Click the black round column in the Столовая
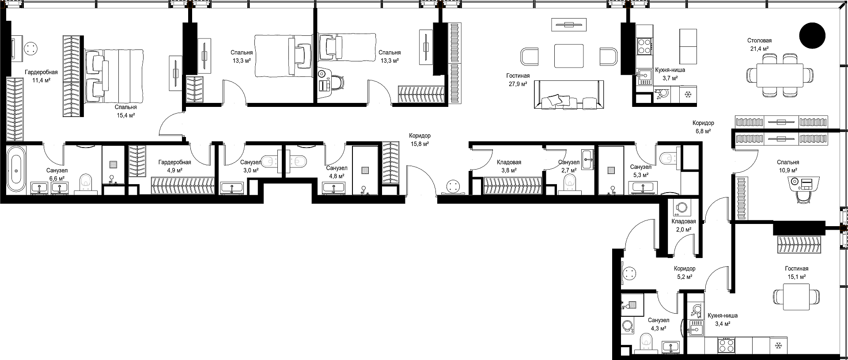point(812,35)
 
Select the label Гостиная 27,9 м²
point(519,80)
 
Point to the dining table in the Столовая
point(780,76)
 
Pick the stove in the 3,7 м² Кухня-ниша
point(644,46)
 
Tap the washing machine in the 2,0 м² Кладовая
point(680,207)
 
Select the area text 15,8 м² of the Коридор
point(419,144)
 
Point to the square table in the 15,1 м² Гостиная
point(796,298)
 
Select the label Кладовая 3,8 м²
point(509,166)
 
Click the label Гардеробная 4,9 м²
point(175,166)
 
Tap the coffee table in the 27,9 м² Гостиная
point(569,56)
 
